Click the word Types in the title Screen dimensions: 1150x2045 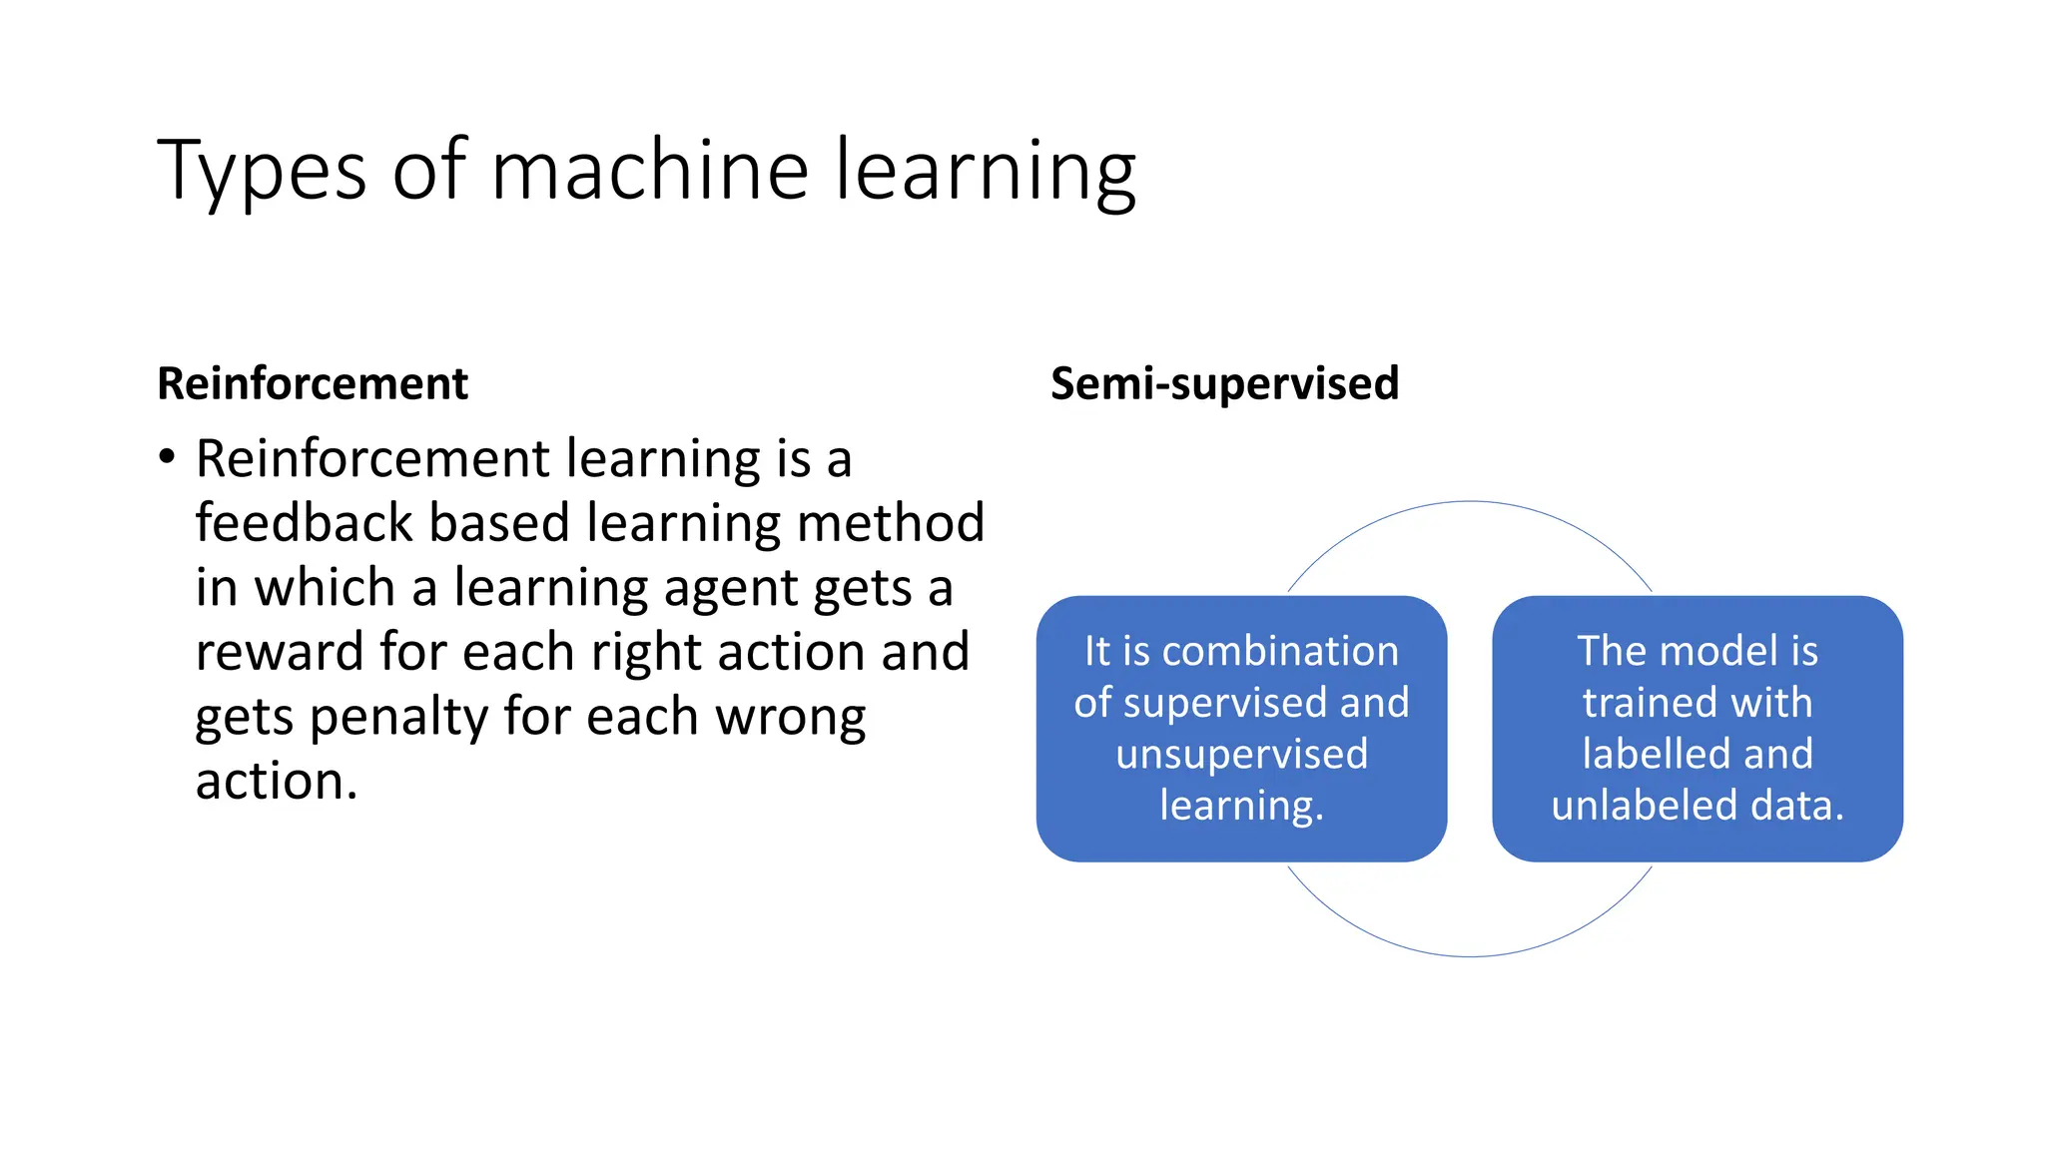click(262, 172)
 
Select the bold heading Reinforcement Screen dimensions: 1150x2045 click(313, 384)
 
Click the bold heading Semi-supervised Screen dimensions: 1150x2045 click(1224, 384)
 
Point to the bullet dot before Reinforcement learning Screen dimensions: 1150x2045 click(167, 458)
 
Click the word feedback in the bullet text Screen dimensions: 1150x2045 click(304, 523)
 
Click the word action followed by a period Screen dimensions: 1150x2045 click(276, 781)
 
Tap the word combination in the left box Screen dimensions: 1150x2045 click(1281, 651)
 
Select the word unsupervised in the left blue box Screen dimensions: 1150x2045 click(1241, 754)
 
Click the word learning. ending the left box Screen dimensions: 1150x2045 click(1241, 805)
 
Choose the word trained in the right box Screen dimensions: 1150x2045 click(1649, 703)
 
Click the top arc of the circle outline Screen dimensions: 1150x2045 click(1470, 502)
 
